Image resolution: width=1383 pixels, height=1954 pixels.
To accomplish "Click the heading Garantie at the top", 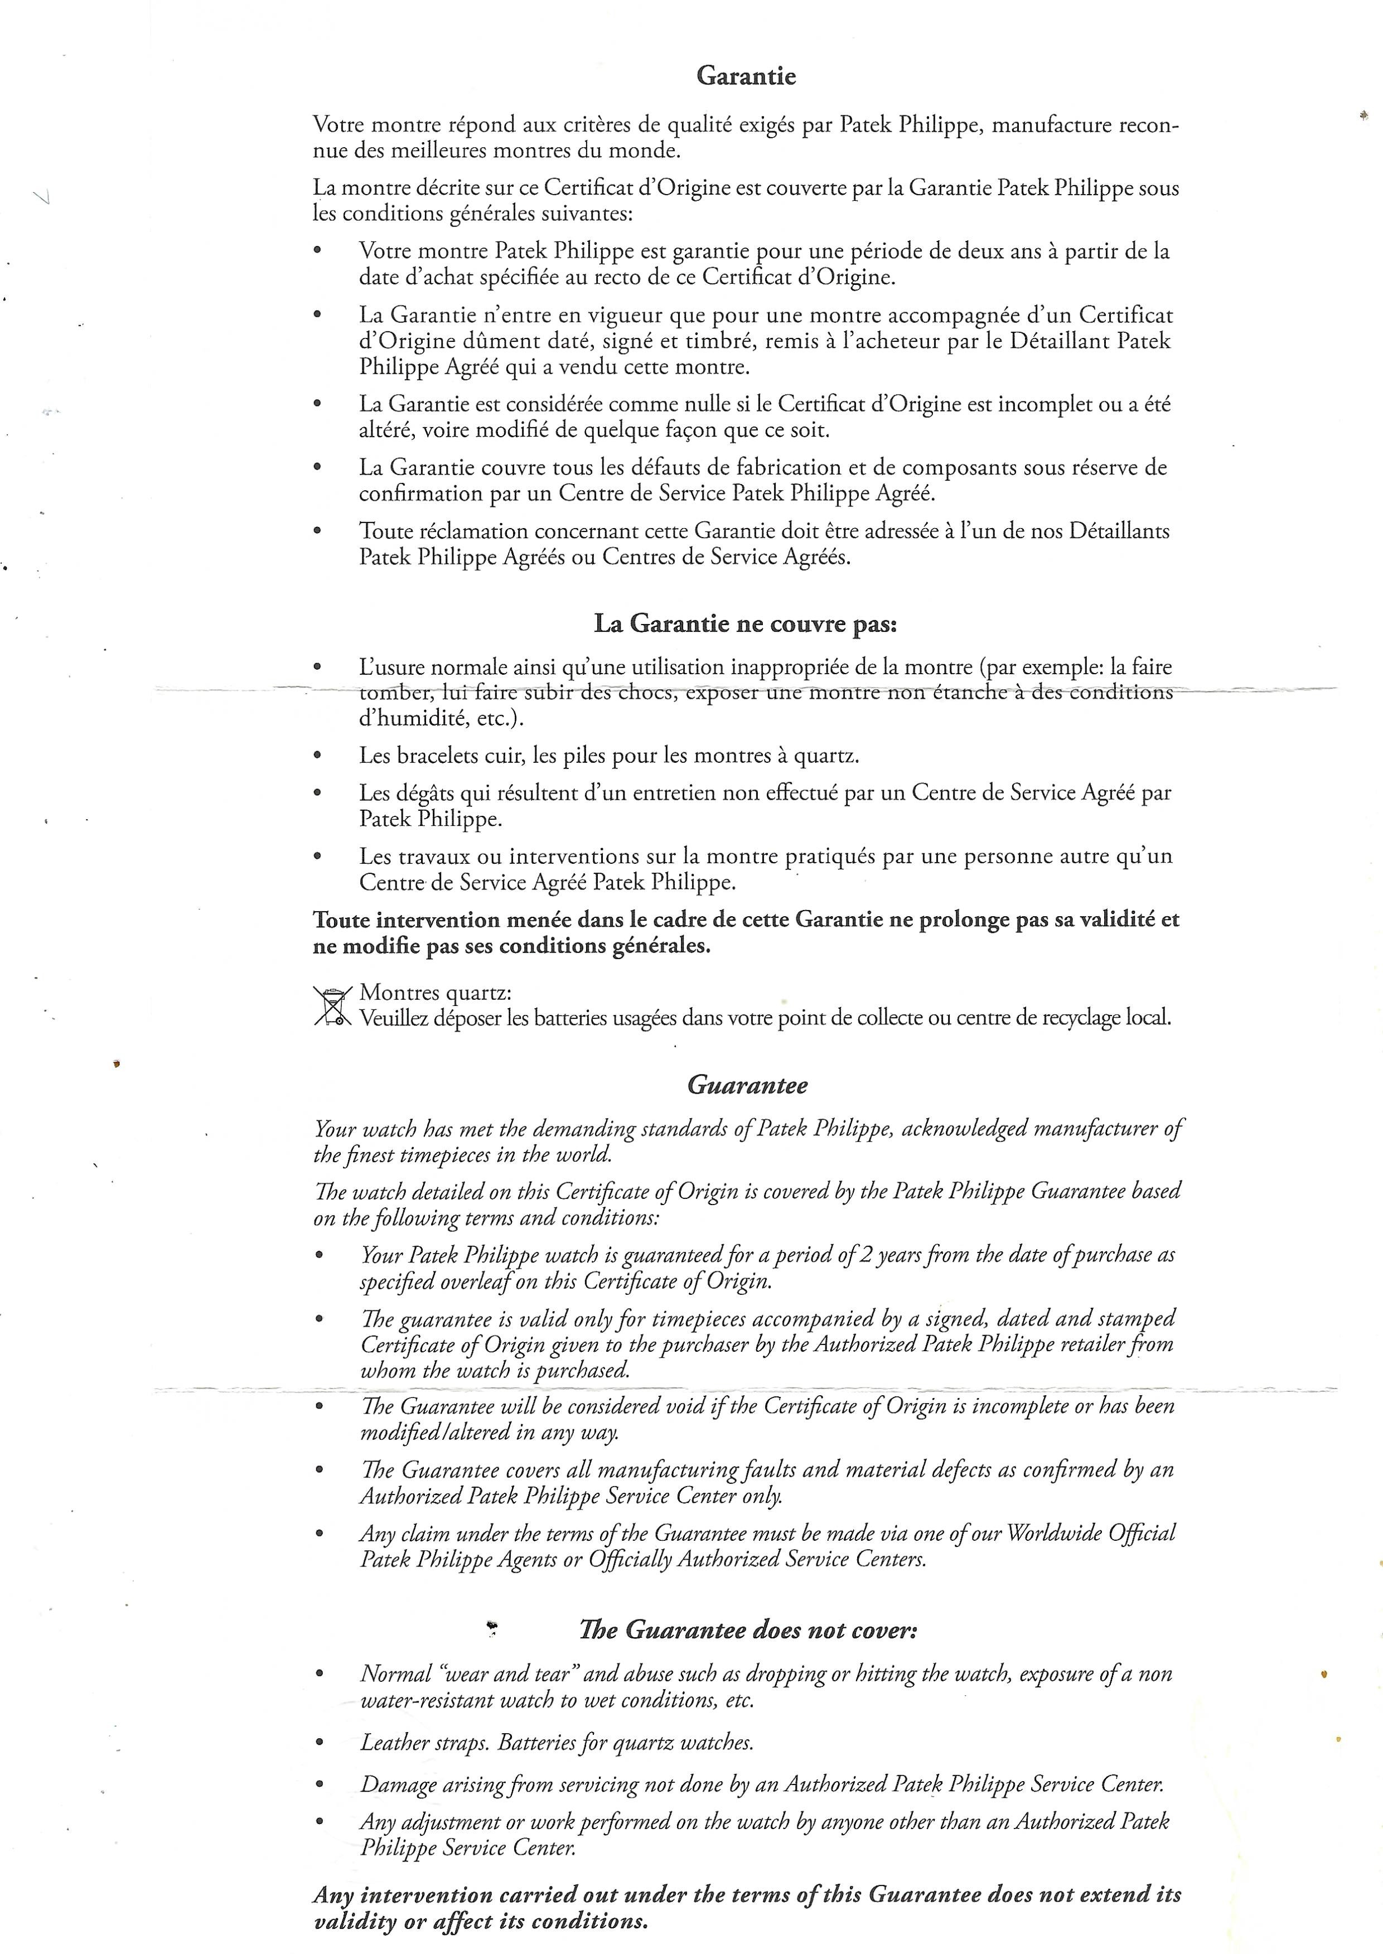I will pos(746,76).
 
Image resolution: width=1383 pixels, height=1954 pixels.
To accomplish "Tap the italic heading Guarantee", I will pos(747,1086).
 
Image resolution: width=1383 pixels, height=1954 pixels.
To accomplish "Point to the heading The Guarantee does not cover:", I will pos(748,1631).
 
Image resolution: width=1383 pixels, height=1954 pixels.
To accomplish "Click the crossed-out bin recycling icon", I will pos(332,1005).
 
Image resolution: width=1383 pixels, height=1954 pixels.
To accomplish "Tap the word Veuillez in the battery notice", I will pos(394,1018).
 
